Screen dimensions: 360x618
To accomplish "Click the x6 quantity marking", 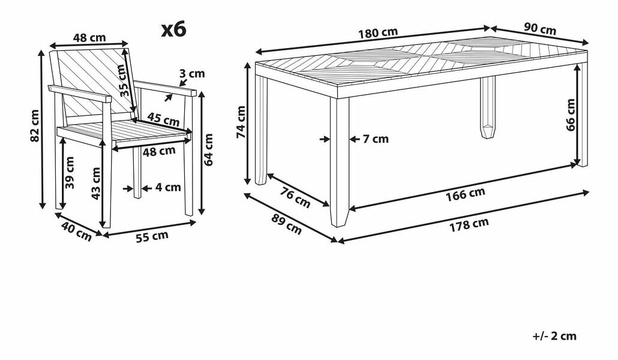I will tap(174, 29).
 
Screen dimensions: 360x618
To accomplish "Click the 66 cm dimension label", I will tap(571, 114).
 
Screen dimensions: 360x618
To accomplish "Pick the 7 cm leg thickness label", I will tap(376, 139).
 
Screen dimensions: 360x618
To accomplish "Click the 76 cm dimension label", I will tap(296, 197).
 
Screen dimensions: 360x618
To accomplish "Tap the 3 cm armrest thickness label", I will tap(192, 74).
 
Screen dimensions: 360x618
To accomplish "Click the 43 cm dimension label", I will tap(96, 183).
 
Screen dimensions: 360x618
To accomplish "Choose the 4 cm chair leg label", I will tap(167, 187).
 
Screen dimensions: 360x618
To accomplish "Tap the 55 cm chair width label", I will tap(151, 236).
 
